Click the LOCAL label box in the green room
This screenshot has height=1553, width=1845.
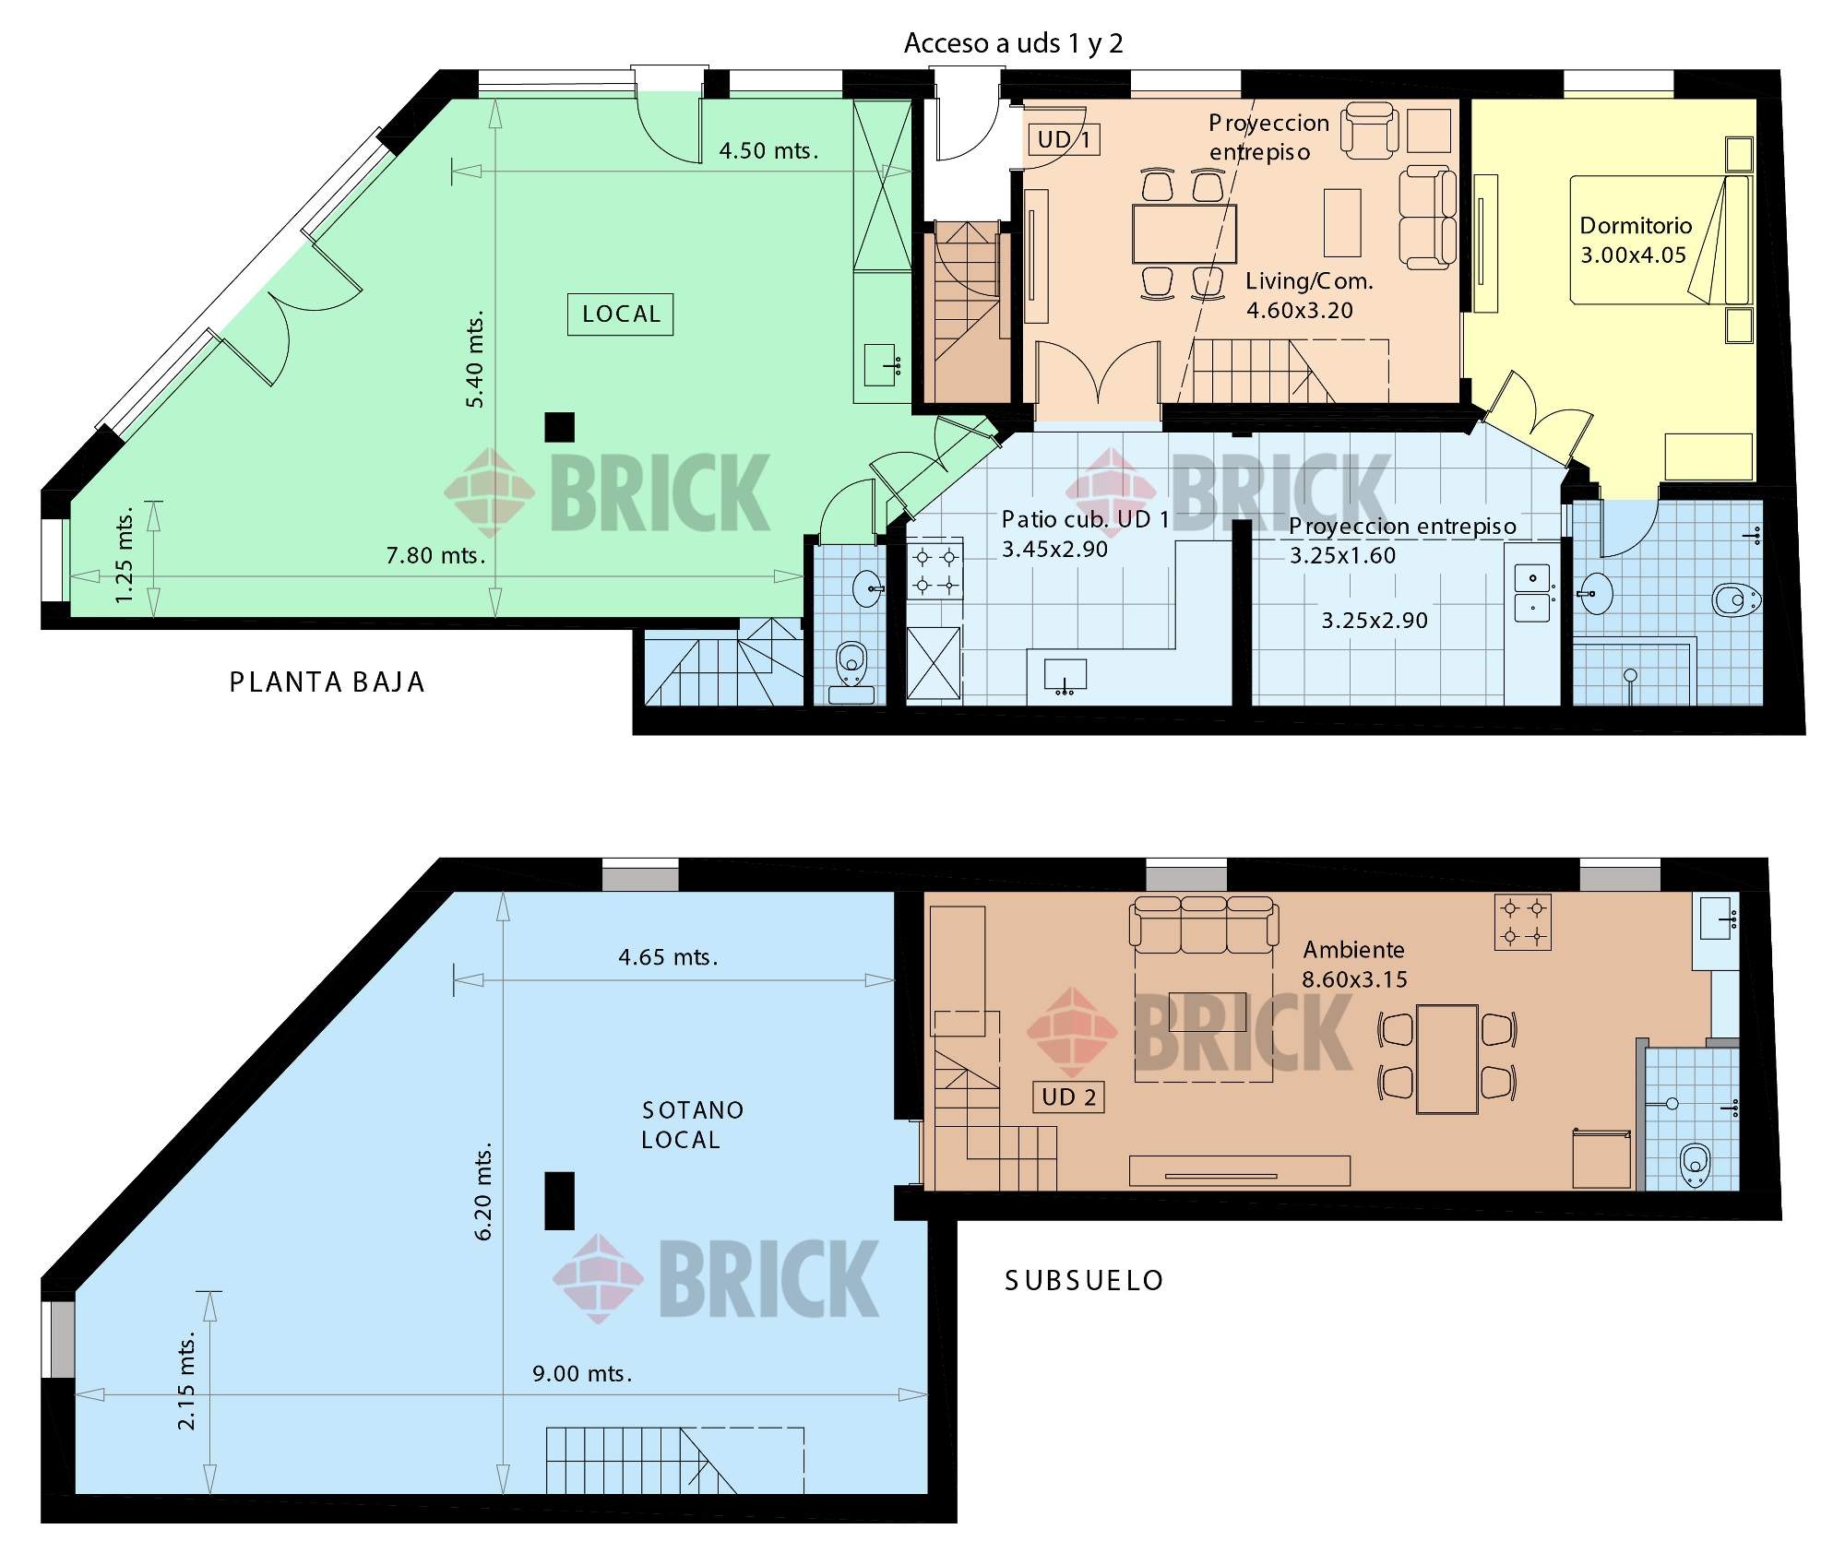coord(620,314)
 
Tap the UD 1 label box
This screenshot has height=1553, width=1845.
coord(1064,139)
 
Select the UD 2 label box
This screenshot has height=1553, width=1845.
coord(1068,1097)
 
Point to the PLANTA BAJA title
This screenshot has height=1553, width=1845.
coord(327,682)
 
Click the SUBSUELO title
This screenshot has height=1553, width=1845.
coord(1084,1281)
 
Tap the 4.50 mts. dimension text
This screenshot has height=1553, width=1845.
coord(768,150)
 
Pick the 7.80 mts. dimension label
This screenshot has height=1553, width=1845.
coord(435,555)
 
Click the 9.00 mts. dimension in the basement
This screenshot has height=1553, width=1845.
coord(582,1374)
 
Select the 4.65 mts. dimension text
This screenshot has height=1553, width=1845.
coord(668,957)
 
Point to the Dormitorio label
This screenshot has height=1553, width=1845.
coord(1636,226)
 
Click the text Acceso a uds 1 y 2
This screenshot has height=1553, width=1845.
coord(1013,43)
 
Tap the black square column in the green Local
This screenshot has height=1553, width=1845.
coord(559,427)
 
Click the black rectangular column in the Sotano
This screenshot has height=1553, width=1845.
coord(559,1201)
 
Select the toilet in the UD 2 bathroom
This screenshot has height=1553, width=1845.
coord(1695,1165)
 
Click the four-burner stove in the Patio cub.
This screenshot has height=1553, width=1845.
coord(935,570)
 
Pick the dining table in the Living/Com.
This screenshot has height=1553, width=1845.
coord(1184,234)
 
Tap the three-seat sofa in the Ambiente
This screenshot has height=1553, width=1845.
coord(1204,925)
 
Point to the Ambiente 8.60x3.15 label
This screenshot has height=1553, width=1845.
coord(1354,965)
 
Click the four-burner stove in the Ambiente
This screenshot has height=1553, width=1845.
coord(1522,922)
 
